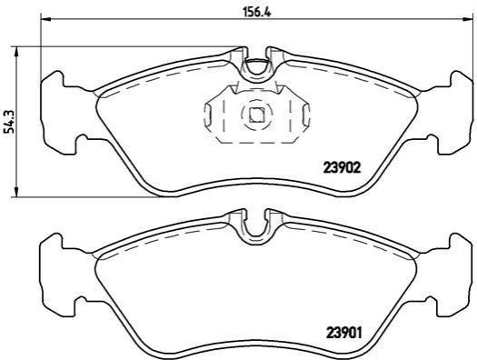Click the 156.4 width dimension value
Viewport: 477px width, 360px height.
257,12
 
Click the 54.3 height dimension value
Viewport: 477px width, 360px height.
11,121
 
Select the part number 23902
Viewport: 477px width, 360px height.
342,167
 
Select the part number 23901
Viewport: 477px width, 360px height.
344,333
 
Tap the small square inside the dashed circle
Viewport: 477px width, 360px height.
257,115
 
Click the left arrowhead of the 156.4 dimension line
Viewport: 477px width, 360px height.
45,19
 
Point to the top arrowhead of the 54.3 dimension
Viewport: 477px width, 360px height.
16,52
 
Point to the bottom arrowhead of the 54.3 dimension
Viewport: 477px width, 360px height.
16,192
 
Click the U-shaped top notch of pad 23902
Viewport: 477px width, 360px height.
256,72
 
